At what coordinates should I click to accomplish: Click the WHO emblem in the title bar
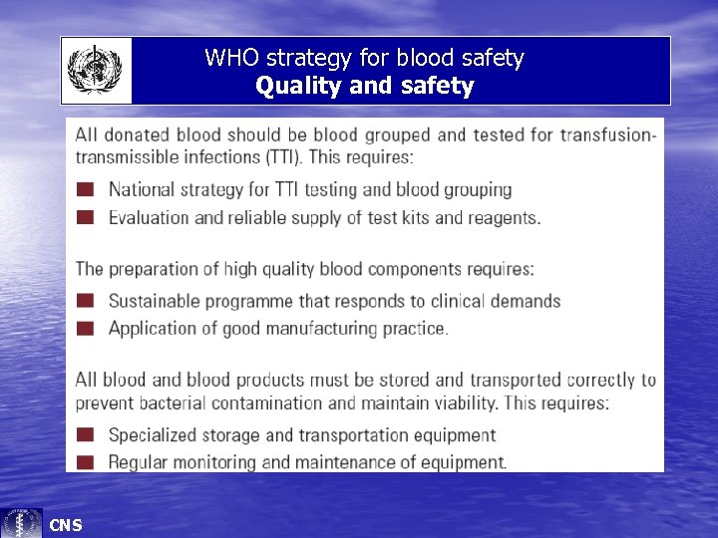(x=94, y=71)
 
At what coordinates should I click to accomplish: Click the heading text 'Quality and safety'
(x=364, y=86)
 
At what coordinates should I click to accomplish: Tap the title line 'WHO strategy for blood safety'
(x=364, y=58)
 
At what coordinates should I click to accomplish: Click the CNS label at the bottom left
(x=66, y=525)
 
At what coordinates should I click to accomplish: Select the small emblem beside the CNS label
(x=22, y=523)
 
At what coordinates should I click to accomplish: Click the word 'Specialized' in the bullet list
(x=155, y=434)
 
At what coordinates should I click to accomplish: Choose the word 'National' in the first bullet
(x=143, y=189)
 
